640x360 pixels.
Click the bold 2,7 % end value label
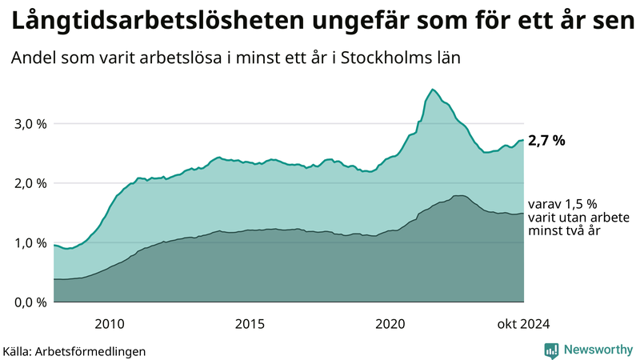547,141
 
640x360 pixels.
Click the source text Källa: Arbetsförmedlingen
74,350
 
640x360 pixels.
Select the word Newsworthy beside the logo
598,350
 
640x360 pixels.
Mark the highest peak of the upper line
432,89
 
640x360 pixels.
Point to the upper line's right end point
523,140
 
